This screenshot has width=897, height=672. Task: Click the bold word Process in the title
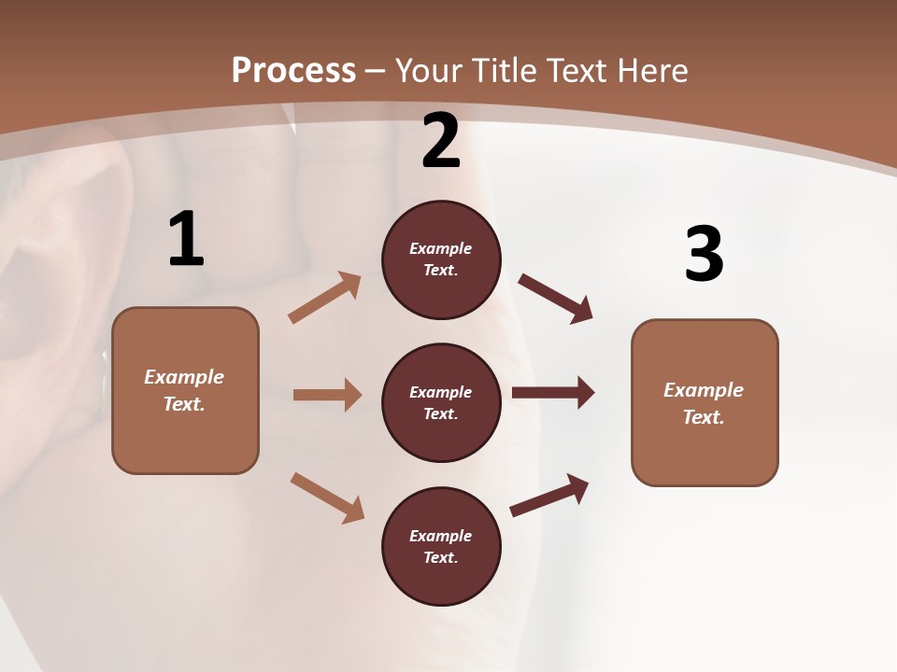[x=293, y=70]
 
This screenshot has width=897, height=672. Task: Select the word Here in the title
[x=648, y=71]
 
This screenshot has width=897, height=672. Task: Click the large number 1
[x=186, y=240]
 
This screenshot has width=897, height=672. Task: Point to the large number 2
[x=441, y=141]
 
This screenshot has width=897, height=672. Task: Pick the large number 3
[x=704, y=254]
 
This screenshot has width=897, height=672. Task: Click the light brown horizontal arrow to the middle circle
[x=327, y=395]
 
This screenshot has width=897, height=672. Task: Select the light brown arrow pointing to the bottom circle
[x=327, y=497]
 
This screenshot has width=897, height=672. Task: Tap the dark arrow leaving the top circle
[x=555, y=298]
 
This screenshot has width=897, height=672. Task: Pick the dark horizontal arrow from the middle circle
[x=553, y=392]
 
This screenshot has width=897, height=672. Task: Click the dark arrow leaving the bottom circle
[x=549, y=495]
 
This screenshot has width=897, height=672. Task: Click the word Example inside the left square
[x=184, y=377]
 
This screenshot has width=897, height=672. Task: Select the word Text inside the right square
[x=703, y=417]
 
